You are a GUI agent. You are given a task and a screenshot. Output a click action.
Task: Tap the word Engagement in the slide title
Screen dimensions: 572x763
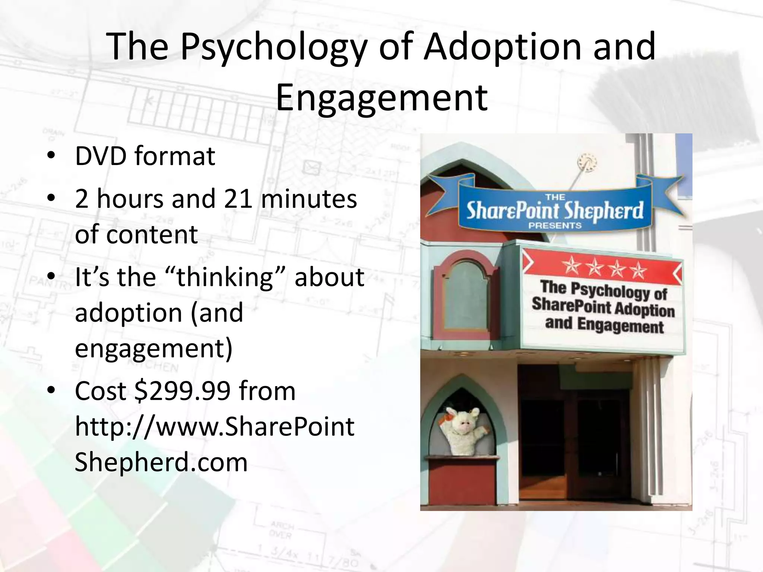click(381, 98)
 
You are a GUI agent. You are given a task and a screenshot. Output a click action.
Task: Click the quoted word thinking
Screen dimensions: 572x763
click(225, 277)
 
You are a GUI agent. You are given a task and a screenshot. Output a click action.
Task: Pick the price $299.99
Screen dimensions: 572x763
click(183, 391)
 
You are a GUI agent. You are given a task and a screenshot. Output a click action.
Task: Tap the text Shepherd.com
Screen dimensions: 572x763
click(161, 462)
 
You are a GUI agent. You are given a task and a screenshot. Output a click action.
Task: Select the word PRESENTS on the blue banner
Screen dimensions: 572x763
click(555, 225)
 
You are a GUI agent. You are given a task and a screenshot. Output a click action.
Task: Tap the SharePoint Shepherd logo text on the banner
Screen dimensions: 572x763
click(555, 211)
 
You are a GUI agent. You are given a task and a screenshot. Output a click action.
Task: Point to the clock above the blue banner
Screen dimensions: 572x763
click(587, 163)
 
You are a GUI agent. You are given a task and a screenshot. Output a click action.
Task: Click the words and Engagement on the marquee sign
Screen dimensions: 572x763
click(604, 325)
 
